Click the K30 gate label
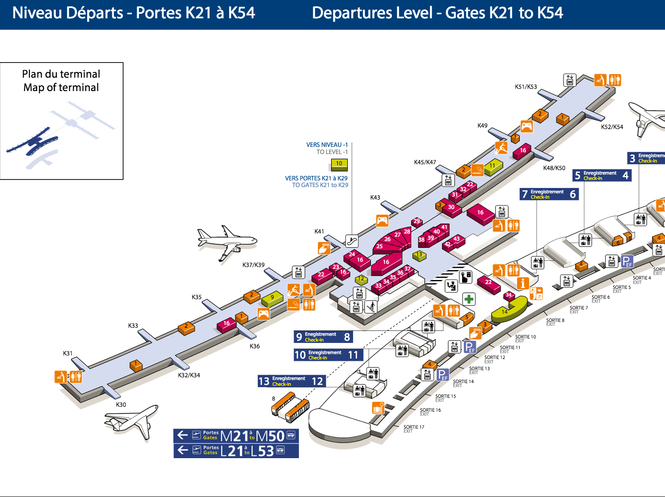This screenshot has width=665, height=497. [x=121, y=405]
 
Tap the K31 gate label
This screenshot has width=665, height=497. [x=67, y=353]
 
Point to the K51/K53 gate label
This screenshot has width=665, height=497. [x=526, y=87]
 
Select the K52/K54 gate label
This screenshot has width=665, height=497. [x=612, y=127]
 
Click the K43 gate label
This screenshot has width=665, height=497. [x=375, y=197]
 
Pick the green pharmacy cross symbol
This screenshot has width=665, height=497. [x=469, y=299]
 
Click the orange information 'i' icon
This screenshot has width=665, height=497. [x=522, y=283]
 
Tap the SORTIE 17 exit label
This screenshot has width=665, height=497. [x=414, y=428]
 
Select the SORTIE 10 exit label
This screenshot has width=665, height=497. [x=525, y=338]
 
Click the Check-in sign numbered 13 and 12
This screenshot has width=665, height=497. [x=291, y=381]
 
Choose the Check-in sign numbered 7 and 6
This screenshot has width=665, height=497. [x=549, y=194]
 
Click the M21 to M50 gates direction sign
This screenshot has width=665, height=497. [x=236, y=435]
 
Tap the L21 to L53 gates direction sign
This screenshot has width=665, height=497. [x=236, y=451]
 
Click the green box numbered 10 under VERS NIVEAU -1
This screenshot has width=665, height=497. [x=339, y=164]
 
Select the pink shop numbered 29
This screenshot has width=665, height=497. [x=417, y=221]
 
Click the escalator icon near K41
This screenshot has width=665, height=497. [x=352, y=241]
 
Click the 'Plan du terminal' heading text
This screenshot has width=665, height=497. [x=61, y=74]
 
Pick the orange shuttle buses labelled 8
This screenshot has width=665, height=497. [x=290, y=407]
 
